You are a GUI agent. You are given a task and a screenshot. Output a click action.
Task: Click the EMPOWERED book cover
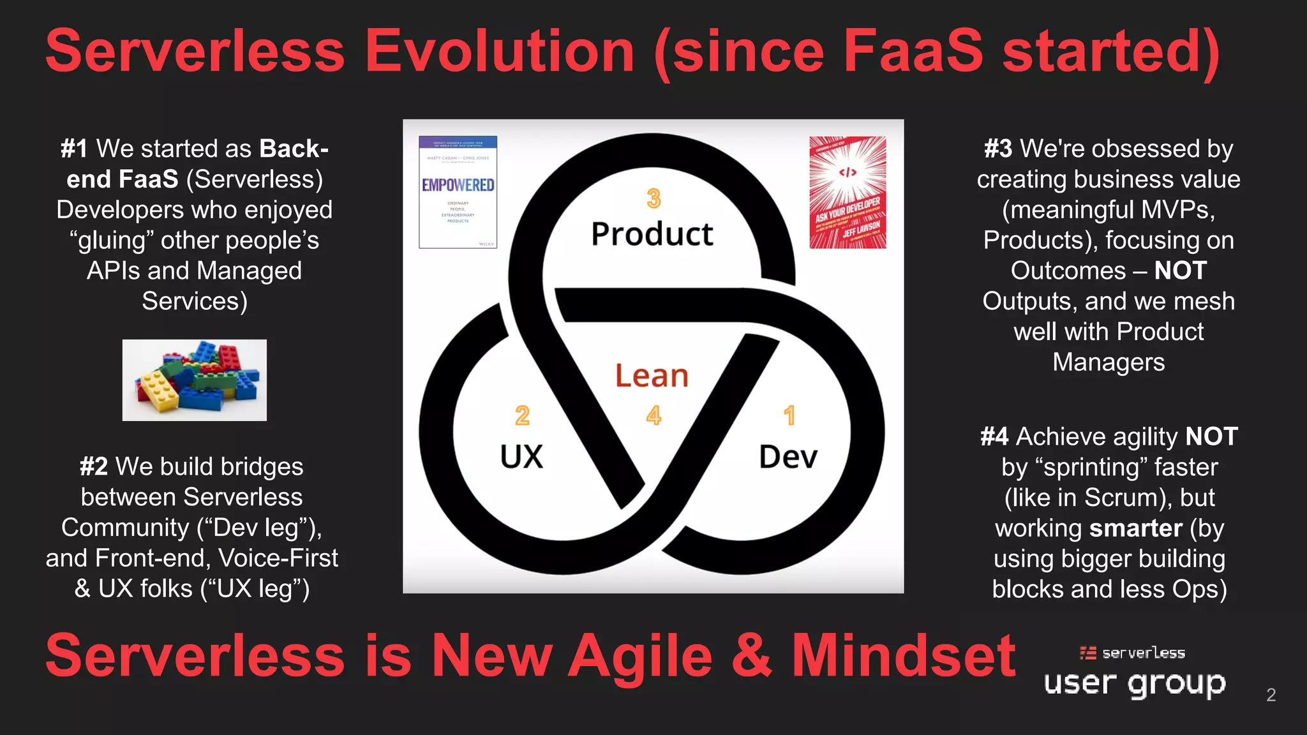pos(458,192)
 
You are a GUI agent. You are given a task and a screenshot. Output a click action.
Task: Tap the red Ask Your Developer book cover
pos(848,192)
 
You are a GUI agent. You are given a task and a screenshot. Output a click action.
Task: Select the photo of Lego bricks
pos(195,380)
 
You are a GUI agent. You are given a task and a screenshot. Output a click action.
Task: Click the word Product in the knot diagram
pos(652,234)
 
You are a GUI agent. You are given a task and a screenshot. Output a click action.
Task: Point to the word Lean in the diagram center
pos(652,376)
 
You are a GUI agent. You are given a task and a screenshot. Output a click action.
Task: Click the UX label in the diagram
pos(521,457)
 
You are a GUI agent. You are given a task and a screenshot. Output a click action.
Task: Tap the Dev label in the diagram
pos(788,457)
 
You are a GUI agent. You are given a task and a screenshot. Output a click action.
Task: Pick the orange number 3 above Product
pos(653,198)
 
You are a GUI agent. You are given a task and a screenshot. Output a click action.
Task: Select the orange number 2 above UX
pos(522,416)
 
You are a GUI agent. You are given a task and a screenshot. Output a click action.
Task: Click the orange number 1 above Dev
pos(789,416)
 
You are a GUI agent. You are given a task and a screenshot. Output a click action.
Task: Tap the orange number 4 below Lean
pos(653,416)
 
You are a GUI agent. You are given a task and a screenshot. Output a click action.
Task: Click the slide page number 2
pos(1271,695)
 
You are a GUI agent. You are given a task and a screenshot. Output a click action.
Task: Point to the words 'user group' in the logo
pos(1135,683)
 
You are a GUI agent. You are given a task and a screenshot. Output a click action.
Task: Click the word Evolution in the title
pos(500,51)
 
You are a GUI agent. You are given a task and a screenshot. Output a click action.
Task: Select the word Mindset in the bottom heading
pos(903,656)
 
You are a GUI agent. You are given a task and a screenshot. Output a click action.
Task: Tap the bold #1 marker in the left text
pos(74,149)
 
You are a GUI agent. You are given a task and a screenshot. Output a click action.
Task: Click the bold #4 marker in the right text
pos(994,437)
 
